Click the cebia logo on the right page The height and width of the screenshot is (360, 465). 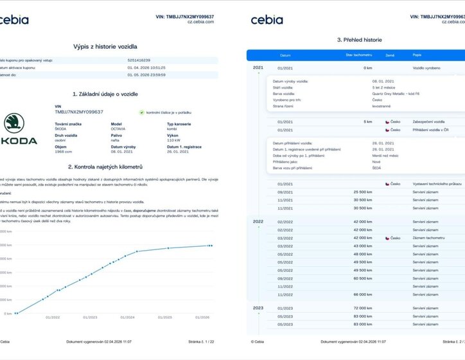267,20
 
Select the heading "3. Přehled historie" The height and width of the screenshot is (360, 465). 360,40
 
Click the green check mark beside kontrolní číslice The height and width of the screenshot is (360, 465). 142,112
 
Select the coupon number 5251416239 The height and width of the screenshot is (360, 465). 139,60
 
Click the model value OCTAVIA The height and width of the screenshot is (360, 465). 118,129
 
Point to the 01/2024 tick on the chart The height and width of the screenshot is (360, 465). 127,317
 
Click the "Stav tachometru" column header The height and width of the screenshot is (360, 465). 358,55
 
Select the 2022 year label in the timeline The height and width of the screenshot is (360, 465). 258,221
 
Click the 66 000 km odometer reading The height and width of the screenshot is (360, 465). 362,294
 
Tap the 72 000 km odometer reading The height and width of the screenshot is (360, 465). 362,309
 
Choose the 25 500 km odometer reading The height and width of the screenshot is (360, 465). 362,192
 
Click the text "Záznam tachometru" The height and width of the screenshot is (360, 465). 427,238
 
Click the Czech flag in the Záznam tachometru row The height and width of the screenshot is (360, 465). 387,238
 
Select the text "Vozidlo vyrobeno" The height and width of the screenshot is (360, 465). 426,67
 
